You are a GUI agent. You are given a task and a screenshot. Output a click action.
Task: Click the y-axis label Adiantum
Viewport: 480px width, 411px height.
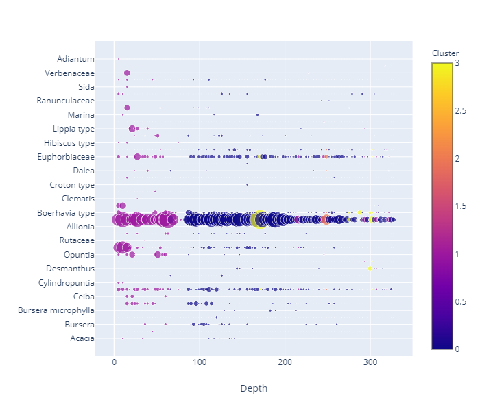[x=76, y=59]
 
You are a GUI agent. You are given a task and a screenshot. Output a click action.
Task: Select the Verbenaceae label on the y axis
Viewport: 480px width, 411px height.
[x=70, y=73]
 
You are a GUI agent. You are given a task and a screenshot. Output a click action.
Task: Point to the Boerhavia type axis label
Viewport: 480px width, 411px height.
[x=65, y=213]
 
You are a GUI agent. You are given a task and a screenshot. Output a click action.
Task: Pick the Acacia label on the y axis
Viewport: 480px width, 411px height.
[x=82, y=338]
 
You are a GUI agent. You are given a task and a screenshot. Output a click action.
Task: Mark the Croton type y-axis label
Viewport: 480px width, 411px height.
[x=72, y=185]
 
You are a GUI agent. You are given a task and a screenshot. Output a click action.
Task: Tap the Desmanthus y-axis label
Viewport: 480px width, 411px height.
[x=71, y=269]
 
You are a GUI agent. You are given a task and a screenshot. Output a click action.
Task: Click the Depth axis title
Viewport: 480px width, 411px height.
[x=254, y=388]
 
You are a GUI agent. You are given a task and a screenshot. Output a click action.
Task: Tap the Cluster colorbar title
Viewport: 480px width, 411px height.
[x=445, y=53]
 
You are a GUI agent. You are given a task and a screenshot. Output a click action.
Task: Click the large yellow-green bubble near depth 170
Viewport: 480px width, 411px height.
[x=259, y=219]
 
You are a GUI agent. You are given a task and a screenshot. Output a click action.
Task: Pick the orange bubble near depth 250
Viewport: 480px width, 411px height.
[x=325, y=220]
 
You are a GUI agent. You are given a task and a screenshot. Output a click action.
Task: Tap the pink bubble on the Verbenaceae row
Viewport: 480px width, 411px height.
[x=127, y=73]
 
